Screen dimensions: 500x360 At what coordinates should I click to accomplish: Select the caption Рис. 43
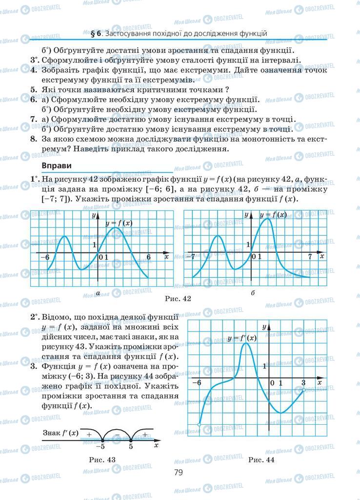point(102,459)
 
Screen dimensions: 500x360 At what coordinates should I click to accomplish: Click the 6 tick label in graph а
point(149,257)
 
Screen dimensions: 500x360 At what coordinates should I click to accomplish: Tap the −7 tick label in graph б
point(193,256)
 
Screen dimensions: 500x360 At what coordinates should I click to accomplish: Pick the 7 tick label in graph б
point(310,256)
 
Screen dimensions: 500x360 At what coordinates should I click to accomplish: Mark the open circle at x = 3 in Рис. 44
point(303,390)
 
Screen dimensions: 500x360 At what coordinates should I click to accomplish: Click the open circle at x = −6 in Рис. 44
point(199,425)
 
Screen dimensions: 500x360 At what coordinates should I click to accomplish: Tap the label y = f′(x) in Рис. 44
point(242,338)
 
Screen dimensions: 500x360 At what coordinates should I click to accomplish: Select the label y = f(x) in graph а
point(119,223)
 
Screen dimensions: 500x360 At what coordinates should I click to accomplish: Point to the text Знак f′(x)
point(60,433)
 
